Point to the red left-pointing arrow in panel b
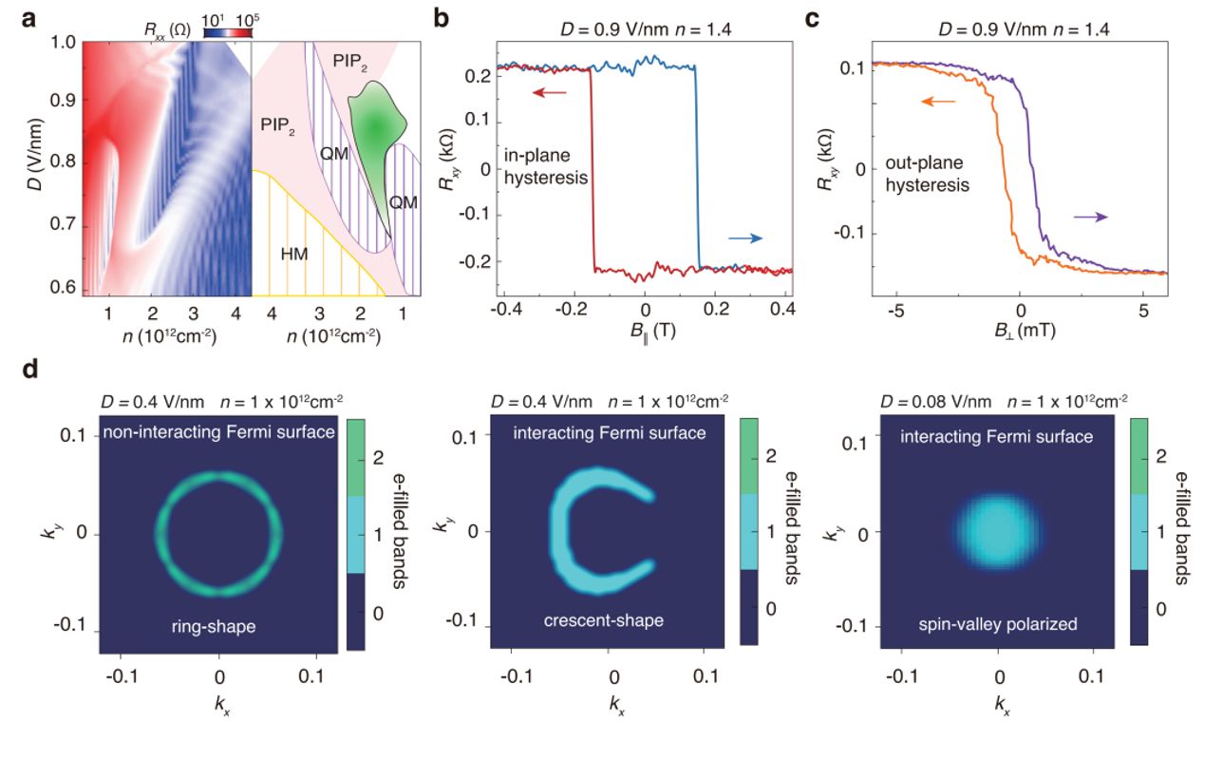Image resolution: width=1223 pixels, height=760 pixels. pos(550,92)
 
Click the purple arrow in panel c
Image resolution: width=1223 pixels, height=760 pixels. pos(1090,217)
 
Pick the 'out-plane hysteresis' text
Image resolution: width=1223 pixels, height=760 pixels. pos(927,176)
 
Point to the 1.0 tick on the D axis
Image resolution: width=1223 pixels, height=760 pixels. pos(63,43)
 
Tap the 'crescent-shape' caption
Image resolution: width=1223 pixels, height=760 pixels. pos(603,620)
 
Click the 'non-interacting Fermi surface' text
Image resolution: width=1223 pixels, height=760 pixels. pos(219,433)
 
